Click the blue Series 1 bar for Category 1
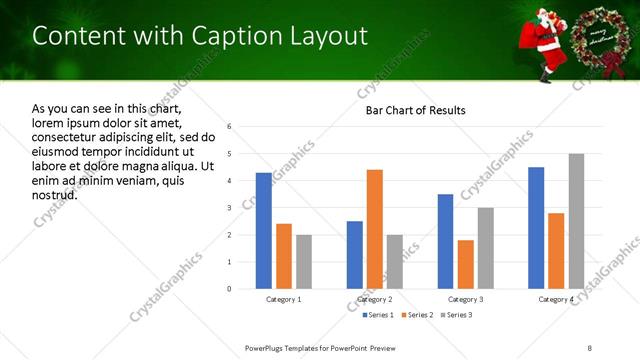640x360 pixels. point(263,231)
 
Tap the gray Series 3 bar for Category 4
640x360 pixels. point(576,221)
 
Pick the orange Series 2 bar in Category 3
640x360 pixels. point(465,264)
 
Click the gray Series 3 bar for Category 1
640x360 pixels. point(303,262)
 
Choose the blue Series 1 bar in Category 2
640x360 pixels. point(355,255)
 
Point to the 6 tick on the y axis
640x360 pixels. point(230,127)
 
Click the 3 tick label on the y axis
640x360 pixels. point(230,208)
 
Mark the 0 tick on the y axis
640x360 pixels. point(230,289)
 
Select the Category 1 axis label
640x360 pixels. point(284,299)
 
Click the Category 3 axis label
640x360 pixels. point(465,299)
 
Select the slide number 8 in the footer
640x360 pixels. point(590,346)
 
